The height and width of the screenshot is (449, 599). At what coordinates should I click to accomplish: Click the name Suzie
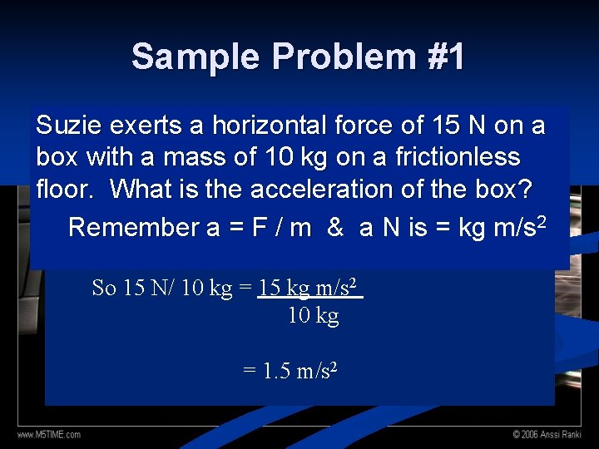(x=68, y=126)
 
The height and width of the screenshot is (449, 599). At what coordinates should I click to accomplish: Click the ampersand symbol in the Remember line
(x=335, y=227)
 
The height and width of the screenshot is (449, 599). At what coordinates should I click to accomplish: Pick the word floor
(x=66, y=190)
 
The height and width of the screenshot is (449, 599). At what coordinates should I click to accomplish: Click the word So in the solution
(x=104, y=289)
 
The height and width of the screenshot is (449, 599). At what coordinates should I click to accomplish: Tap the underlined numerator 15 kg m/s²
(x=309, y=289)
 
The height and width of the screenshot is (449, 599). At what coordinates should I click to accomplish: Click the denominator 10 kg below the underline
(x=314, y=316)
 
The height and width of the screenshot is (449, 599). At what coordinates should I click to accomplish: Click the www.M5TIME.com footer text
(x=50, y=434)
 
